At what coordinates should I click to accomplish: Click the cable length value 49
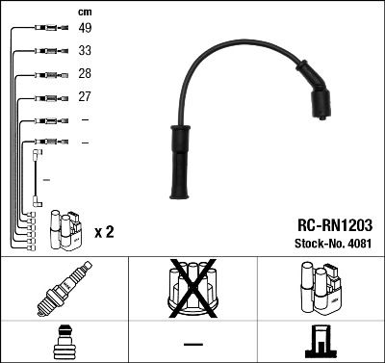(85, 28)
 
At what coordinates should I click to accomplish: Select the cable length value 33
(85, 50)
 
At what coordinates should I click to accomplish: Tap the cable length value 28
(85, 74)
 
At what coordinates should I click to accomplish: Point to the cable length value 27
(85, 97)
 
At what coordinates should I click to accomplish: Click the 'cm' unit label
(85, 12)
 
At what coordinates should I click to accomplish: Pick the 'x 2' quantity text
(105, 232)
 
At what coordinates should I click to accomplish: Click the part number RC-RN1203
(328, 223)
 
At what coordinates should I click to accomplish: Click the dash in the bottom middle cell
(192, 344)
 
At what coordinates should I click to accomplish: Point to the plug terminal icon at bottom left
(64, 343)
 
